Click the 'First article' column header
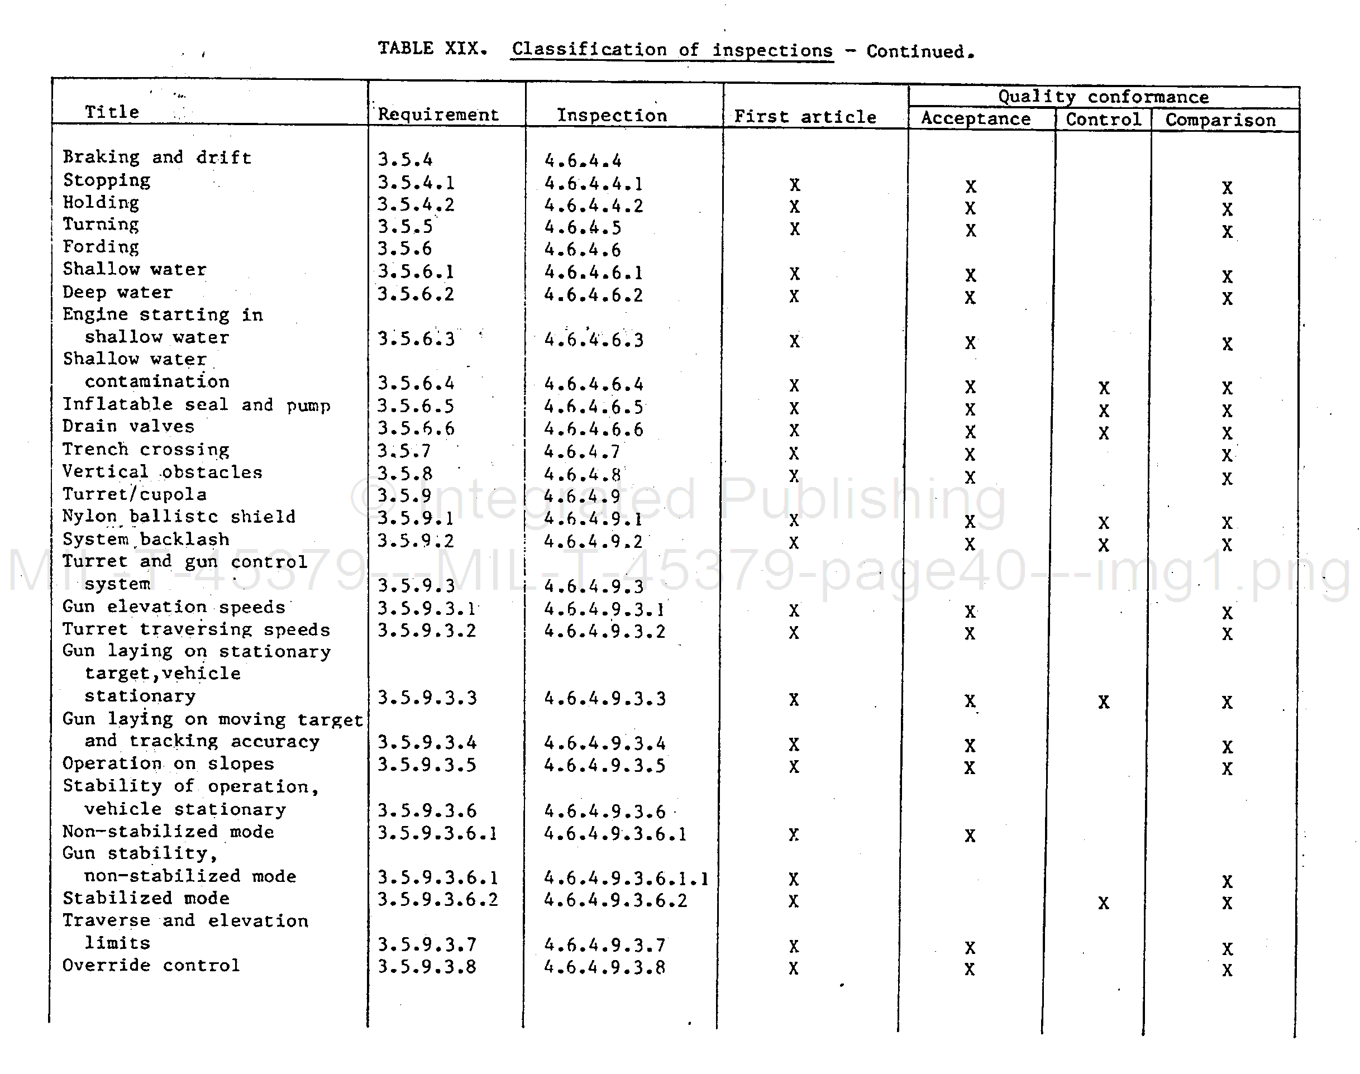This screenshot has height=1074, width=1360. [805, 117]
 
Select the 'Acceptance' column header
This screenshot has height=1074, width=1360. [975, 119]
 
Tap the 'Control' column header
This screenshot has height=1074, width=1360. [1103, 120]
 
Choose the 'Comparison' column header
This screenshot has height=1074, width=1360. [1220, 120]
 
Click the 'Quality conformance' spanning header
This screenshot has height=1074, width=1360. [1103, 97]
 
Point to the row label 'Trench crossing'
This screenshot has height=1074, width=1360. [146, 450]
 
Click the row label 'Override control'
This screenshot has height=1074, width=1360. [151, 965]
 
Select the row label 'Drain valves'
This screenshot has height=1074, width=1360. [128, 426]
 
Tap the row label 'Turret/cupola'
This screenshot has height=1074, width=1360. [134, 494]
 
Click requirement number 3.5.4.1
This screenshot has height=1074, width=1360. [416, 183]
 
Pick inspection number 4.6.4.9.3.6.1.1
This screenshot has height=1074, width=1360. [626, 878]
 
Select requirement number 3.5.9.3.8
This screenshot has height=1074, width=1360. [426, 966]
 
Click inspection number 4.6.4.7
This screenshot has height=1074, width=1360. [581, 451]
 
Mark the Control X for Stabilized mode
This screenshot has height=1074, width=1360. [1104, 903]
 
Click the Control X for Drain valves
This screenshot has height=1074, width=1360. [1104, 433]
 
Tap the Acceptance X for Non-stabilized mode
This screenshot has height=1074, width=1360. [970, 835]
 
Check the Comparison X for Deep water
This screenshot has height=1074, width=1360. [1227, 298]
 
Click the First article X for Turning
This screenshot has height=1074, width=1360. [795, 229]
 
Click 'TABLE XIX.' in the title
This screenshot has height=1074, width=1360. [432, 49]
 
